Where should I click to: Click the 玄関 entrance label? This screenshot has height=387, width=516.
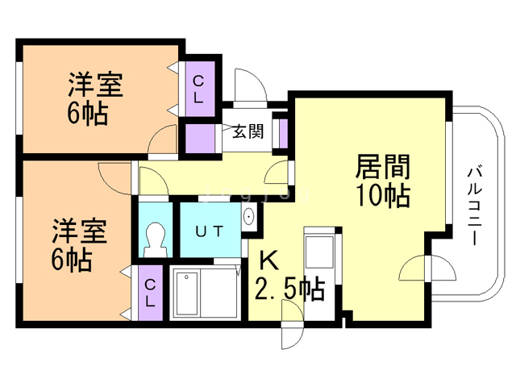tap(248, 131)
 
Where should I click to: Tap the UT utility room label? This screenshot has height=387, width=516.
tap(210, 231)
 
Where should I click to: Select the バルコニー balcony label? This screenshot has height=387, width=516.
tap(475, 206)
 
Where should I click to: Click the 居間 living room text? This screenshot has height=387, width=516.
tap(383, 167)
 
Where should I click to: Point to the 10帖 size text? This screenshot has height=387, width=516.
tap(383, 195)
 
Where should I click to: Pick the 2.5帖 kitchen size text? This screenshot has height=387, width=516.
tap(290, 289)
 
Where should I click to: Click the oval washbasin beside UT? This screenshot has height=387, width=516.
tap(248, 217)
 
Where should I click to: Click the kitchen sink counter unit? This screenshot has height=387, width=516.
tap(319, 249)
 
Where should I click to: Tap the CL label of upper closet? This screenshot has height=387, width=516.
tap(198, 89)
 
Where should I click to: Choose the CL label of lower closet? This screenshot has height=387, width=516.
tap(150, 293)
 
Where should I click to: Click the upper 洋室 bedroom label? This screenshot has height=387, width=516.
tap(95, 85)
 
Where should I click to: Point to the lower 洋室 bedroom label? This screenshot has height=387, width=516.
tap(79, 231)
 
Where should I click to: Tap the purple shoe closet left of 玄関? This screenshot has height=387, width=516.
tap(200, 138)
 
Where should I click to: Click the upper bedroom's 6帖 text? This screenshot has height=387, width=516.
tap(88, 114)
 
